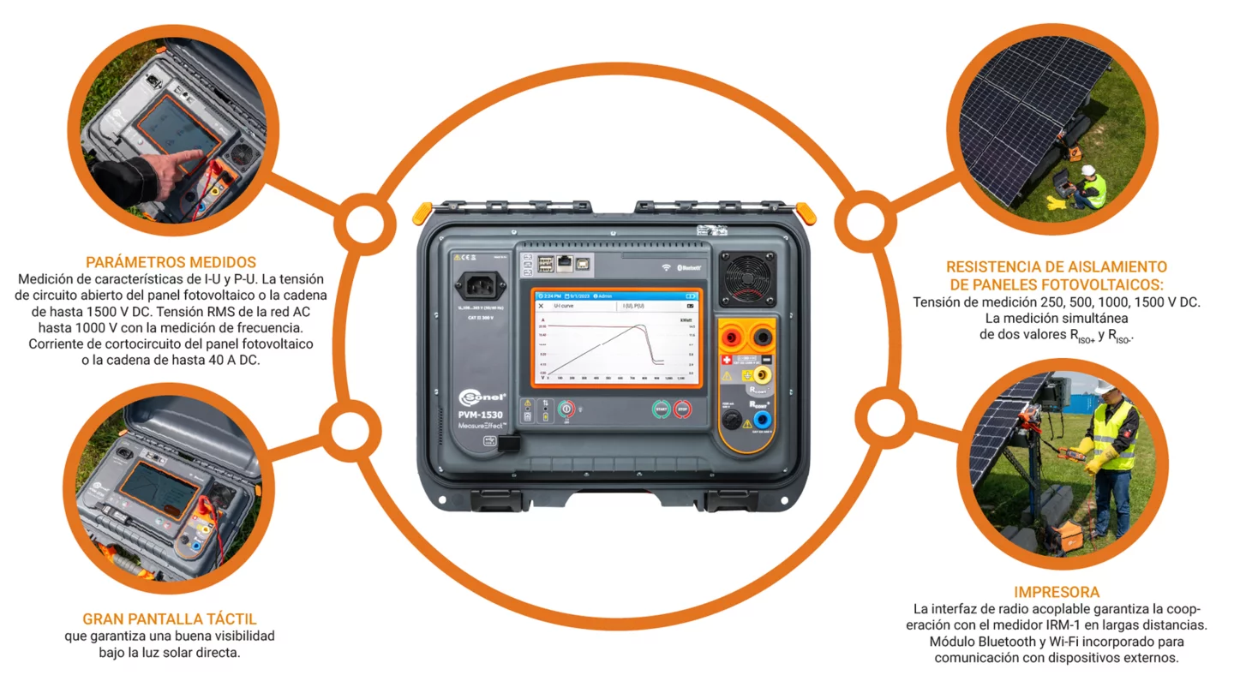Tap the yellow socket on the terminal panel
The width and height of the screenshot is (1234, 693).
[x=760, y=375]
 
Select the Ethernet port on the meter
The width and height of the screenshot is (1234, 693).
[x=565, y=263]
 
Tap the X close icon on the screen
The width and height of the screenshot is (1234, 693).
[x=541, y=306]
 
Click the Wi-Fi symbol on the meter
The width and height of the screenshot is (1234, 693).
[x=666, y=267]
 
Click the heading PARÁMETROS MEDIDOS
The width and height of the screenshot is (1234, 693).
[x=171, y=262]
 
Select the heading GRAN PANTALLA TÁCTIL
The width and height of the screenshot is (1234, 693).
[x=170, y=618]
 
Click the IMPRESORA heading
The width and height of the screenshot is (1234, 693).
[x=1056, y=592]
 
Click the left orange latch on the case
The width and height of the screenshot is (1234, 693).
[x=422, y=212]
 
